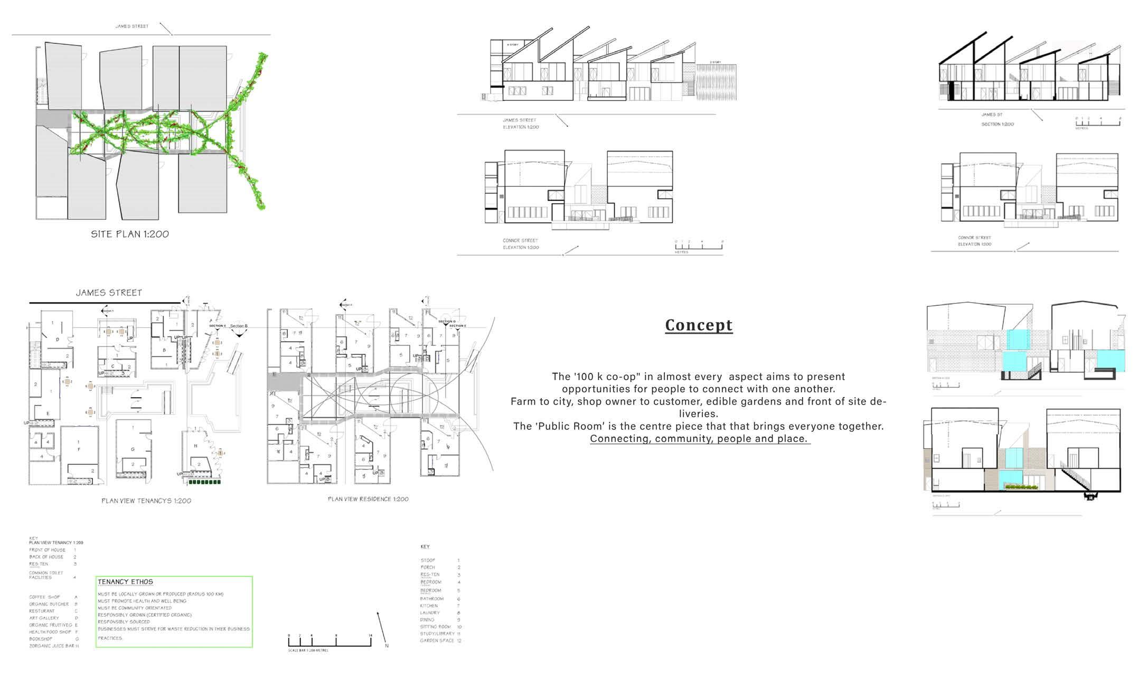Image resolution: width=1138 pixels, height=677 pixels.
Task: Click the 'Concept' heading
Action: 698,325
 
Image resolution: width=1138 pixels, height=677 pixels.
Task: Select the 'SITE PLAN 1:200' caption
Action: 130,234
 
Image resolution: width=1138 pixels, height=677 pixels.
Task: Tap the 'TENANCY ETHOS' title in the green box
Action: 125,581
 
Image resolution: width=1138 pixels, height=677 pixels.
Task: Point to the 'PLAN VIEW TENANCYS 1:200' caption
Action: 146,501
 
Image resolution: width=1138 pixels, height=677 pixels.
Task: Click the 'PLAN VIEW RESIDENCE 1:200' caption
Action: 368,499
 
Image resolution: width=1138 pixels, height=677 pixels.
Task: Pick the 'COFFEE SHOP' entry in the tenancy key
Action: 44,597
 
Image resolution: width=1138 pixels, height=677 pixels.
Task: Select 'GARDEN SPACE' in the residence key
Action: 437,641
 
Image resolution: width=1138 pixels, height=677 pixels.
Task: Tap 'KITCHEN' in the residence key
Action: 429,606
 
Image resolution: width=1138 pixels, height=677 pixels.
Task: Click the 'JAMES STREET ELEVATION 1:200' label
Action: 520,124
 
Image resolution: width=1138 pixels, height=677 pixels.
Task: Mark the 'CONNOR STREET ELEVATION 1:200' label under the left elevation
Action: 521,244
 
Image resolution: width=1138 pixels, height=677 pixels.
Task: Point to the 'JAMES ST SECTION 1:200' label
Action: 997,119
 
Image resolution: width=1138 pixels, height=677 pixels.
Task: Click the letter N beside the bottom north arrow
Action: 387,645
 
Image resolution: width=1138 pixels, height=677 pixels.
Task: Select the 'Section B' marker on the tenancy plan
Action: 239,326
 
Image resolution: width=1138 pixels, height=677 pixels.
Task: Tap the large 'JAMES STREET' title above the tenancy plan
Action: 109,293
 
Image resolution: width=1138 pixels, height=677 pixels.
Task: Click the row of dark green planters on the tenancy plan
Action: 204,482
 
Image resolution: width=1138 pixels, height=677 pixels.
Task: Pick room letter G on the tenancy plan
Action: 133,449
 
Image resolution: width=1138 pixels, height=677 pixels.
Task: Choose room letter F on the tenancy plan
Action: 79,449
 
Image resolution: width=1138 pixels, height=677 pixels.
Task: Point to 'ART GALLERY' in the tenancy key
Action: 44,618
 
